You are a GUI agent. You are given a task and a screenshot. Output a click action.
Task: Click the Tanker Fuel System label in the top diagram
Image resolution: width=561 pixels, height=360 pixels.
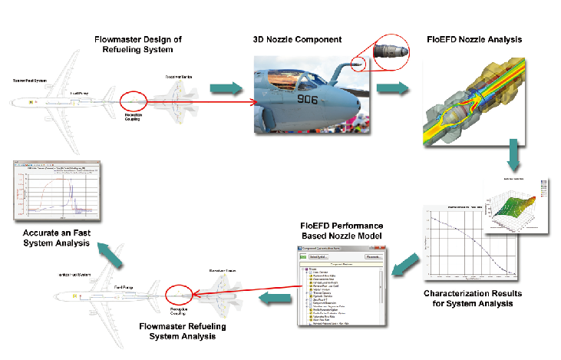(30, 80)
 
